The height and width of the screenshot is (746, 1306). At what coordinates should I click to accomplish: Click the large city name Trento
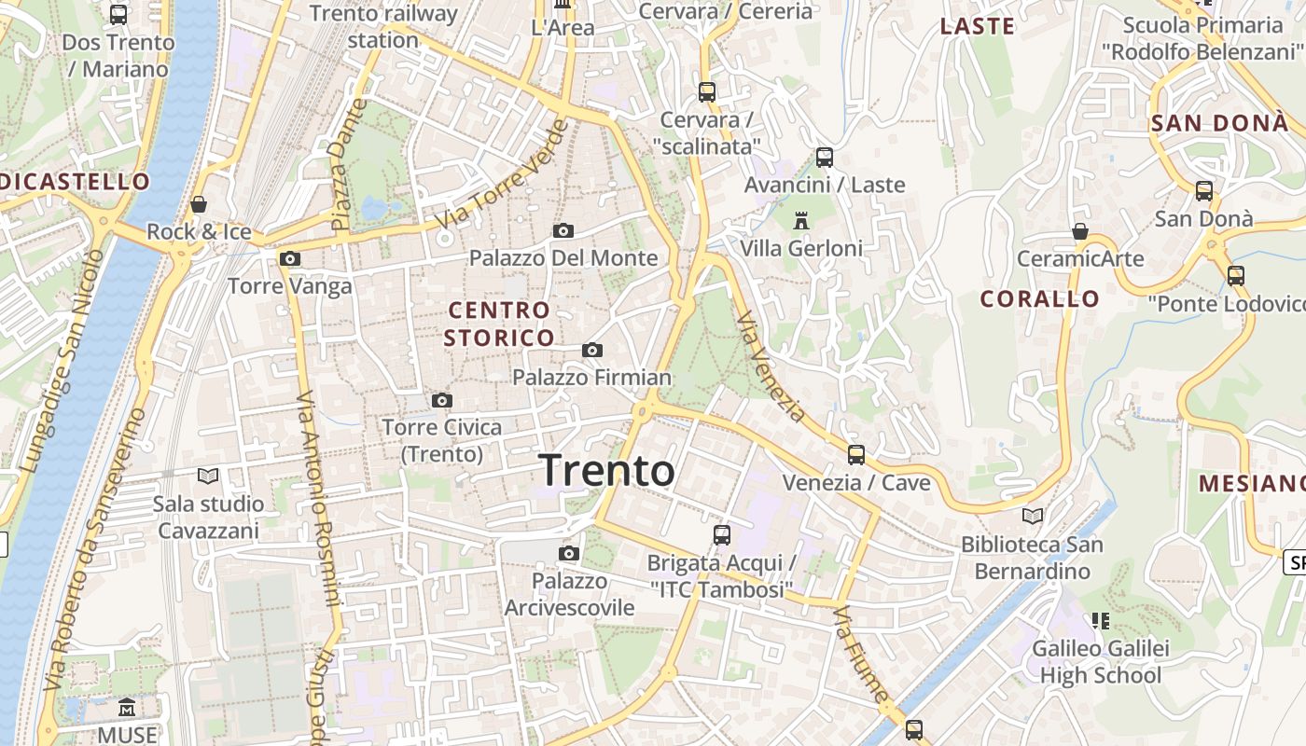606,470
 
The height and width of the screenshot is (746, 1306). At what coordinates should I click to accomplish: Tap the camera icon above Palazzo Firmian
591,351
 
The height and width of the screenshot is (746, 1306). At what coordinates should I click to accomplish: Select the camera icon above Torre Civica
442,401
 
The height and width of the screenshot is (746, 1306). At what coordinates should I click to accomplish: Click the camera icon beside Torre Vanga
290,259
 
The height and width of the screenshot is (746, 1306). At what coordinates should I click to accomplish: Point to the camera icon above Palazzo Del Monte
563,230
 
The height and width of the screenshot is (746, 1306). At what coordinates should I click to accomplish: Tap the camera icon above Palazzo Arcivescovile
568,554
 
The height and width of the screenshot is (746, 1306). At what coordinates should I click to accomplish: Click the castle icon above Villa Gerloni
800,222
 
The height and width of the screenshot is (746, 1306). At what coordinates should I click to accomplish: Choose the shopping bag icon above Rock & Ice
199,204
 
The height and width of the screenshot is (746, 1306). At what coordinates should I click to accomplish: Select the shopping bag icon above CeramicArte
1080,231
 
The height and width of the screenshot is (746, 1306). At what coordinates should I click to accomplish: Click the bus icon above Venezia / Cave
855,455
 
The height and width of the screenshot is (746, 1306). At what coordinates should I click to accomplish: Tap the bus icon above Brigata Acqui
721,535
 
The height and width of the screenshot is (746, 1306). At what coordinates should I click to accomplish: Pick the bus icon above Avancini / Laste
824,158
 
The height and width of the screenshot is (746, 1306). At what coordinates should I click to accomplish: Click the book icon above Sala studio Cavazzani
208,477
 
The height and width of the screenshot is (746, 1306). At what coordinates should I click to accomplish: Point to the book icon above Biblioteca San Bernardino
1032,516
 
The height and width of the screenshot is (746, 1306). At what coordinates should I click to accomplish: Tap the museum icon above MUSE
127,709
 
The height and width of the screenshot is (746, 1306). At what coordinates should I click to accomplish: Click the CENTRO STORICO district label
499,324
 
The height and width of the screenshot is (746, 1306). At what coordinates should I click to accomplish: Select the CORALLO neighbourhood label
1039,299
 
